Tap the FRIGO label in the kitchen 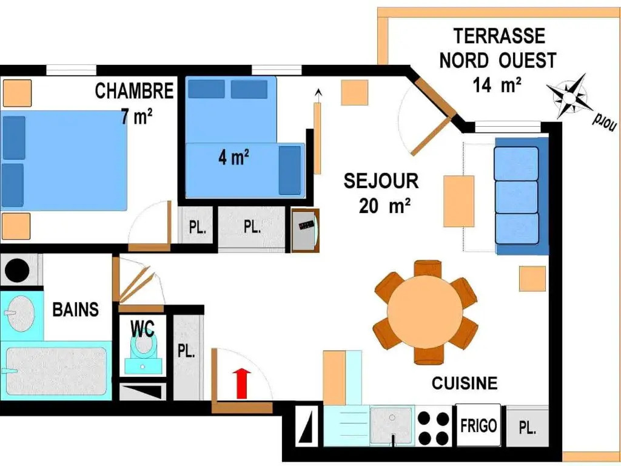coord(478,426)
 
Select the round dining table coord(425,312)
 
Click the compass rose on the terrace coord(569,96)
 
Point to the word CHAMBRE coord(134,91)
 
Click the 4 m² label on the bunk coord(233,158)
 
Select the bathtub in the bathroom coord(56,371)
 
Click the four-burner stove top coord(434,428)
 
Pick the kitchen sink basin coord(392,425)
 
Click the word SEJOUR coord(381,181)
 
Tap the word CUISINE coord(465,383)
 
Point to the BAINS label coord(76,309)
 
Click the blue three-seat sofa coord(522,196)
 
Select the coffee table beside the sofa coord(458,201)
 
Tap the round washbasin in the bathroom coord(21,314)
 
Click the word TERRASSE coord(499,36)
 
